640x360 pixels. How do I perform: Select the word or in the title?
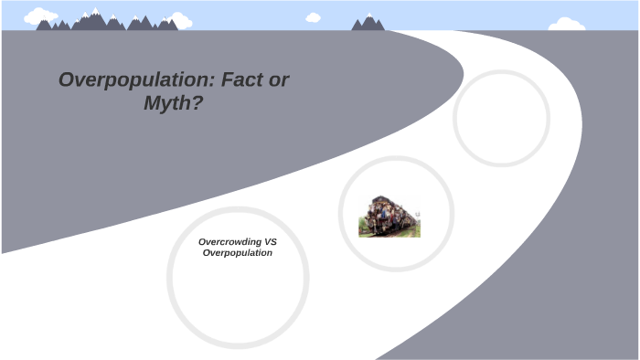click(x=280, y=79)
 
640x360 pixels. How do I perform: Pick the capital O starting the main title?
click(x=67, y=79)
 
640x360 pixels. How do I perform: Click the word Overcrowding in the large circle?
click(x=229, y=242)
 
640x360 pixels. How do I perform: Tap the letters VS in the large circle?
click(x=270, y=242)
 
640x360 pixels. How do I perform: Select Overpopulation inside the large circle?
click(x=238, y=252)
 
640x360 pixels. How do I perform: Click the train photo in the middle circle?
click(x=389, y=216)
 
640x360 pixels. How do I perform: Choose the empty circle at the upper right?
click(x=501, y=118)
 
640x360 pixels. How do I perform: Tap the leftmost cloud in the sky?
click(x=40, y=16)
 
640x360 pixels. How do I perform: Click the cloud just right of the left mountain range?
click(x=180, y=21)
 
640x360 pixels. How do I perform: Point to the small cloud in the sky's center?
click(x=314, y=17)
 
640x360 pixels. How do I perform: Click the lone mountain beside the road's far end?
click(x=368, y=22)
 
